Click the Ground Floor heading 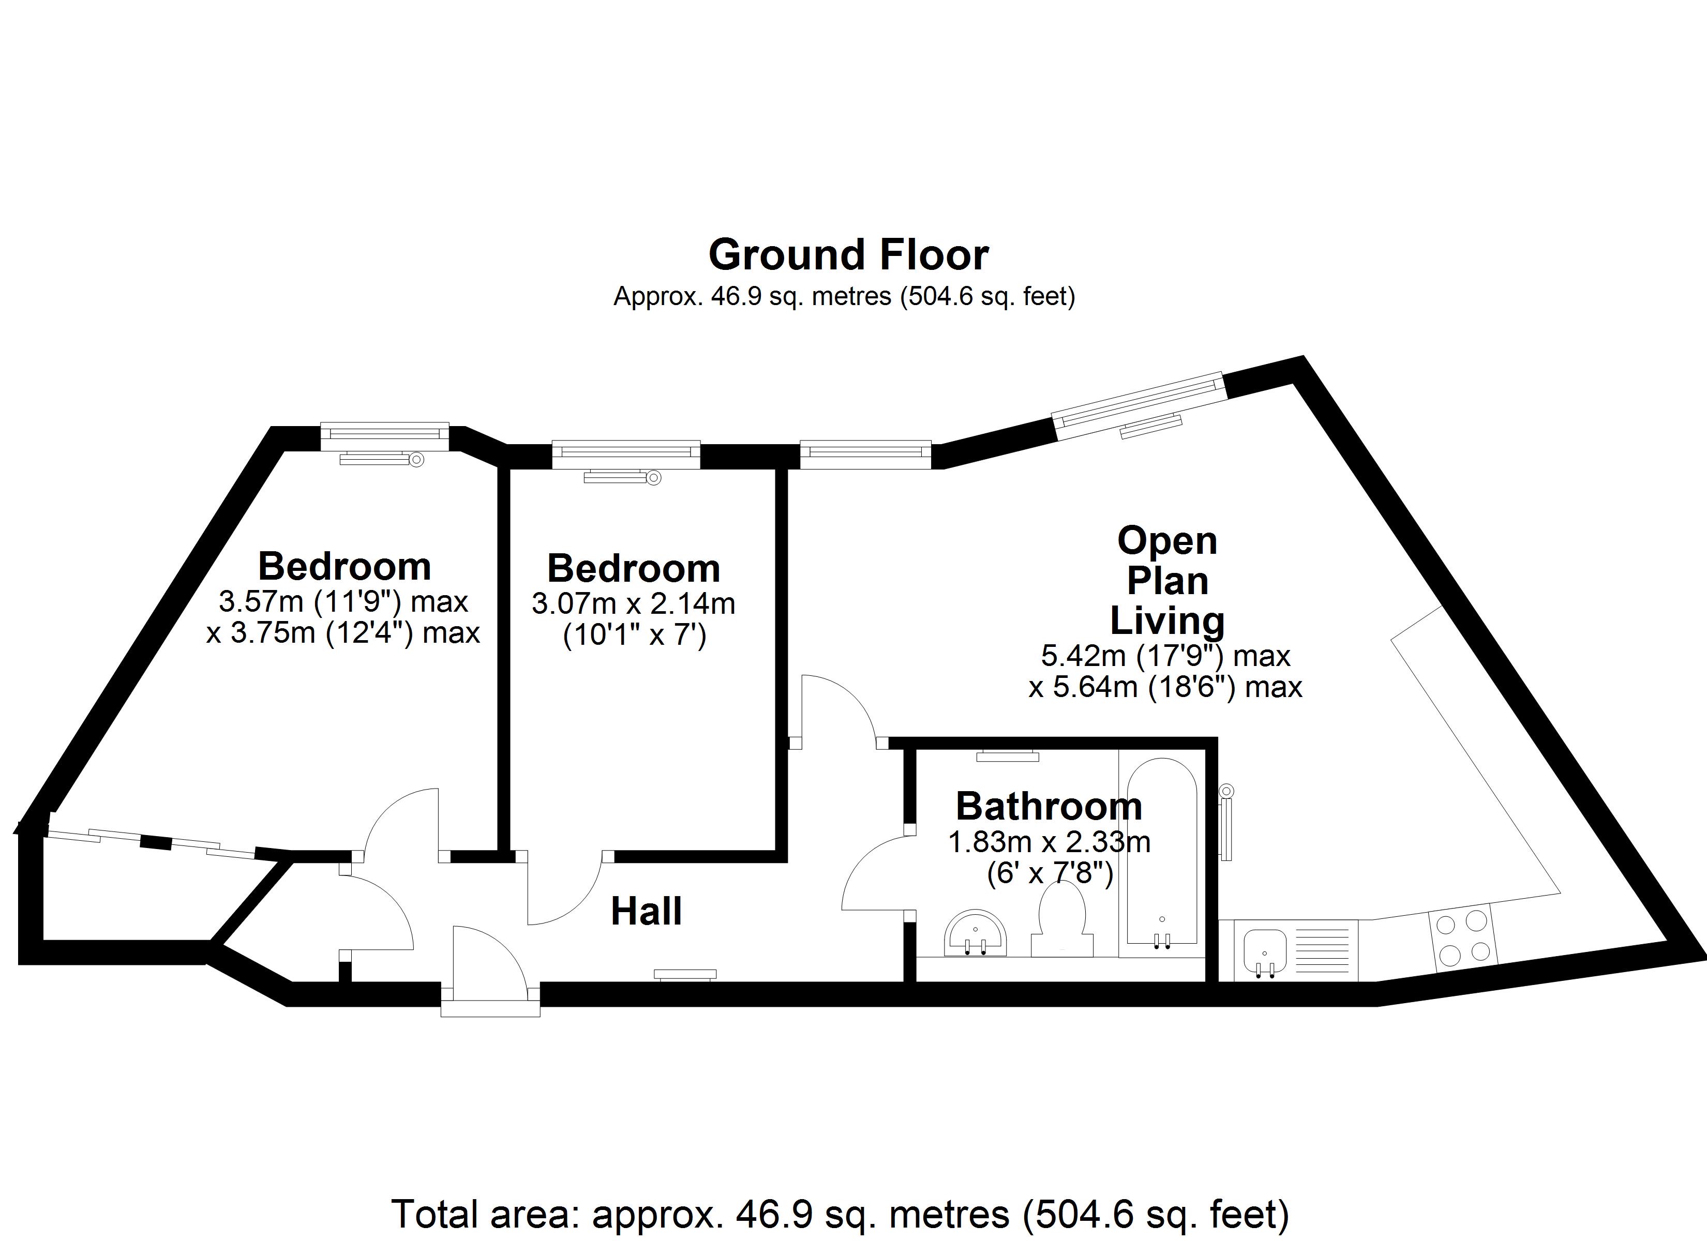[848, 255]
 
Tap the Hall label [646, 912]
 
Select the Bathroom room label [1049, 806]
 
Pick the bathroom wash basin [975, 935]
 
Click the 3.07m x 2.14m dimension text [633, 603]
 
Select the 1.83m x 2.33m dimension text [1049, 842]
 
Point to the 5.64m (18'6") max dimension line [1165, 687]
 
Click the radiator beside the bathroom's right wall [1226, 824]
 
